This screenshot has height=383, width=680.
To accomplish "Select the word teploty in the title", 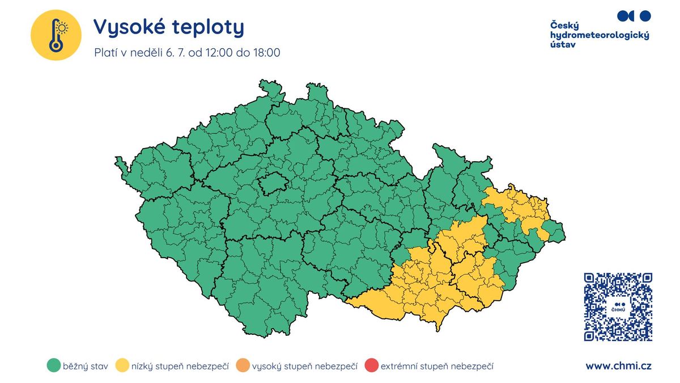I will [210, 27].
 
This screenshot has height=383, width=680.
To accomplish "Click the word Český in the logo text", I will [564, 25].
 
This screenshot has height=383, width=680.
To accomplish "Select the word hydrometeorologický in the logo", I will [600, 35].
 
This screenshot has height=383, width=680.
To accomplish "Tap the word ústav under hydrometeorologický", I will [563, 45].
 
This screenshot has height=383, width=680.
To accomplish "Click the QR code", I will [618, 306].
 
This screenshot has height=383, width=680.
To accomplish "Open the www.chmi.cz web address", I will [618, 366].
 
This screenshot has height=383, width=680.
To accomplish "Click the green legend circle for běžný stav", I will [54, 366].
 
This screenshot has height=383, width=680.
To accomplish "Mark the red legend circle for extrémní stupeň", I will [371, 366].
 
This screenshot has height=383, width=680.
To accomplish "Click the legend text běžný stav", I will [86, 367].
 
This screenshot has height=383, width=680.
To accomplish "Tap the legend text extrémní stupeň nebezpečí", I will [437, 367].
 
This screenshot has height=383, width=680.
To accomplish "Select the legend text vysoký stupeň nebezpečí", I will [304, 367].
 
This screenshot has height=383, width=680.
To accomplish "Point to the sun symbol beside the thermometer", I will [62, 27].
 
